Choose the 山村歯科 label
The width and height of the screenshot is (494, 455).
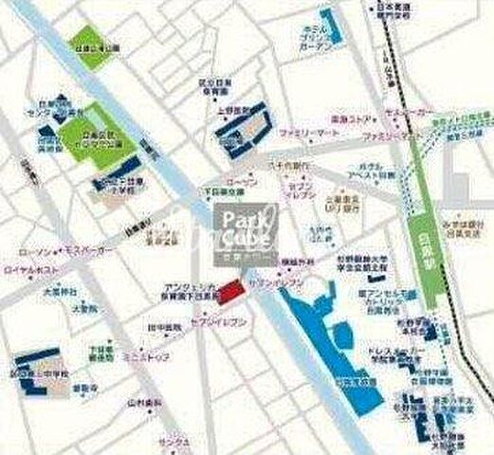[143, 402]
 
